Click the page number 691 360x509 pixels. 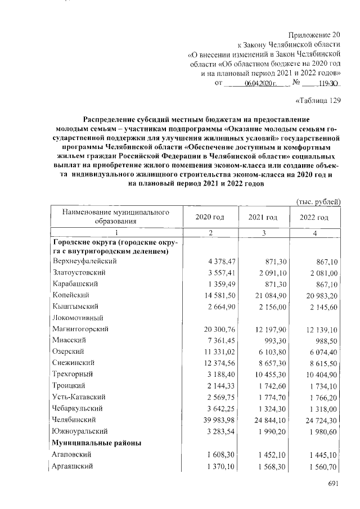point(334,485)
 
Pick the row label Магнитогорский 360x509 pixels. point(80,328)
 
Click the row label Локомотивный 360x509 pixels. point(75,317)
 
